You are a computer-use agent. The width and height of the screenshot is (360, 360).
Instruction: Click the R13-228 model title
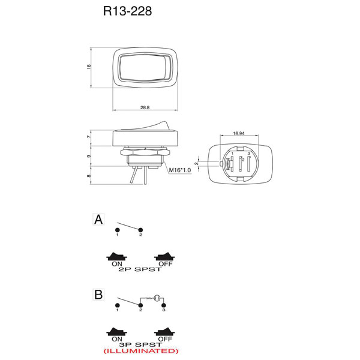127,11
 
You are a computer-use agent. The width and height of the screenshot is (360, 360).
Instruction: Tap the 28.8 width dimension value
145,107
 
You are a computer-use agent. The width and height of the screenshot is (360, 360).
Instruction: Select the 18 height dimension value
89,67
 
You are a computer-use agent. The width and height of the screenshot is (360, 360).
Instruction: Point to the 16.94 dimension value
239,133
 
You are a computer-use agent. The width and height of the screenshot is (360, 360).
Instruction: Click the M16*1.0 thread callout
180,170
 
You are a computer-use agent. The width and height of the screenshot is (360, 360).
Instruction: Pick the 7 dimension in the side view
89,137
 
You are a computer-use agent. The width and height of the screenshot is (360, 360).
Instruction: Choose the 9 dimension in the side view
89,157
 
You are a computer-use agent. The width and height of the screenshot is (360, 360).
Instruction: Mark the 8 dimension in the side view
89,176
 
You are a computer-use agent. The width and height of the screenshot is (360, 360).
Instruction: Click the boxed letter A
98,219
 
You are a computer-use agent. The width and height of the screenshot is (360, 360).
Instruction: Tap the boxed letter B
98,295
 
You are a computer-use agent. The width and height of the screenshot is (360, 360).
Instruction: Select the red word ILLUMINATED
141,351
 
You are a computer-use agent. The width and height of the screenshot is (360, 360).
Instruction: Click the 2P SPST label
140,269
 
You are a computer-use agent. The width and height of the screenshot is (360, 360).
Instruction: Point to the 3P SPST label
140,344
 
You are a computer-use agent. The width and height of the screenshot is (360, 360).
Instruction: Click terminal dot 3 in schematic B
164,305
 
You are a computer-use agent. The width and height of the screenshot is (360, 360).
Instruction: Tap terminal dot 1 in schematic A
118,230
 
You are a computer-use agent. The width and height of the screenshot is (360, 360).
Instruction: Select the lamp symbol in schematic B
157,298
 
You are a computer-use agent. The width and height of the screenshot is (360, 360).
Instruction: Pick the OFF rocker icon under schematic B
164,332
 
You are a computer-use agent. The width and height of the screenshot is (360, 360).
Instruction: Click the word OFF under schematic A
166,264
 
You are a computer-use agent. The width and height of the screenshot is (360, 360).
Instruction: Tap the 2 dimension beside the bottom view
196,163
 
